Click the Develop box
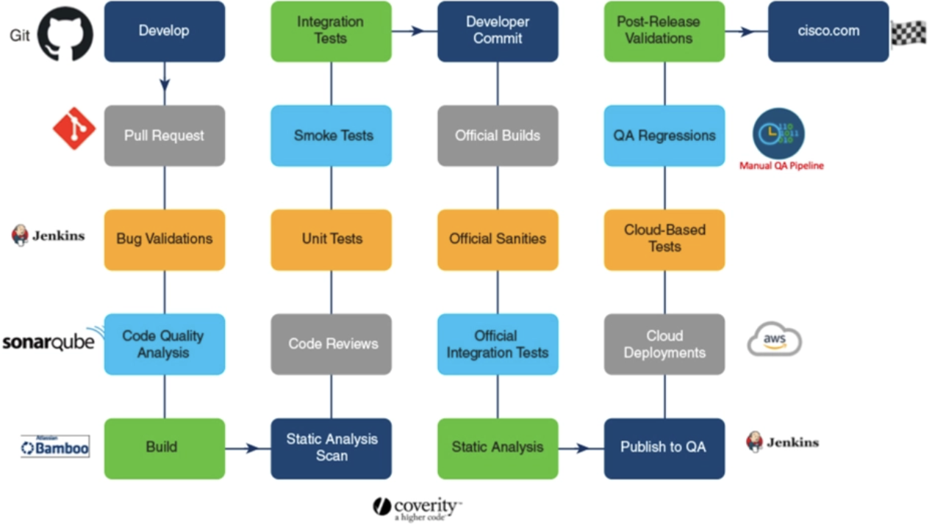(x=164, y=31)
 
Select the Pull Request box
(x=164, y=135)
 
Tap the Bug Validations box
(x=164, y=239)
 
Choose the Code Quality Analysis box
(x=164, y=344)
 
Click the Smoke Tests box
(x=331, y=135)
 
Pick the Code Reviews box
(x=331, y=344)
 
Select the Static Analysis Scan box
(x=331, y=448)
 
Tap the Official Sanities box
(x=498, y=239)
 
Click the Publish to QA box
(x=664, y=448)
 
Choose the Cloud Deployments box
(x=664, y=344)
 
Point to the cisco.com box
(x=828, y=31)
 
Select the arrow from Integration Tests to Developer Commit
(x=415, y=31)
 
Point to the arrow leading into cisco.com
(x=747, y=32)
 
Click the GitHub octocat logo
(x=65, y=34)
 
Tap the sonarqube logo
(x=49, y=342)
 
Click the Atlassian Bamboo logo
(x=55, y=446)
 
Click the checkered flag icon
(x=908, y=34)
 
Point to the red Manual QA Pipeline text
(x=781, y=166)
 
